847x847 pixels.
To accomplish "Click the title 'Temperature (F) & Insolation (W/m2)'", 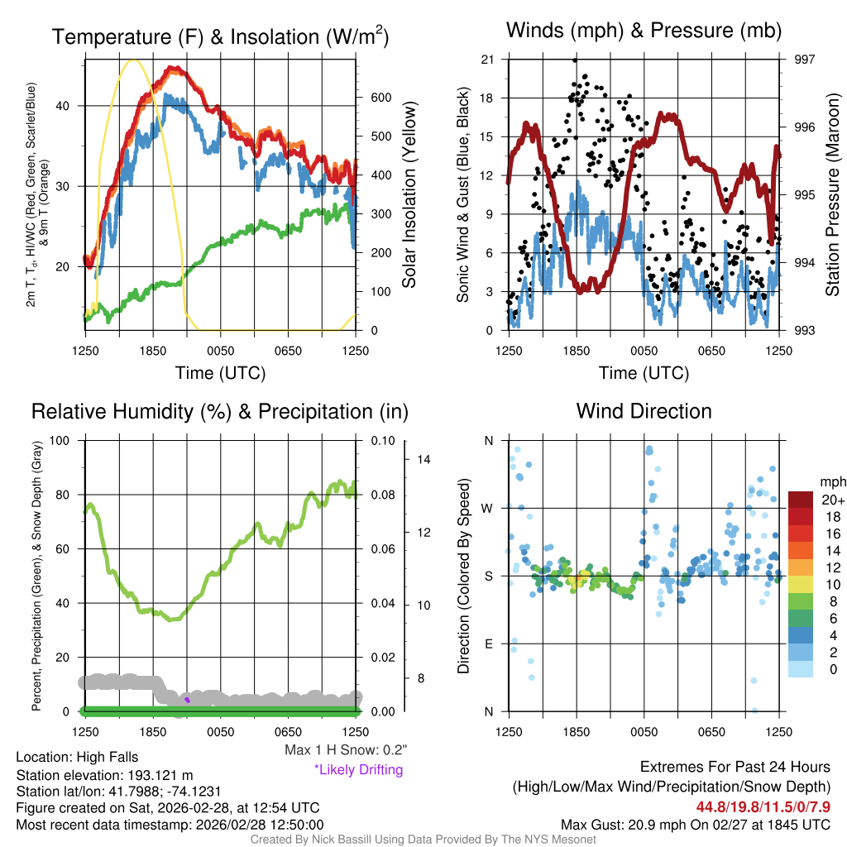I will pyautogui.click(x=220, y=37).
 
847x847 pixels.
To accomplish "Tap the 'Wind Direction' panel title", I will pyautogui.click(x=644, y=411).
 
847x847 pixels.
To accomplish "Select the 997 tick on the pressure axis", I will pyautogui.click(x=806, y=60).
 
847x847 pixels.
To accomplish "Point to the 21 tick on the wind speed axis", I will pyautogui.click(x=487, y=60).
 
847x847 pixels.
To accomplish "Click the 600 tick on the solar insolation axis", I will pyautogui.click(x=380, y=98).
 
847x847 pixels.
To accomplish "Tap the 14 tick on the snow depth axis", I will pyautogui.click(x=423, y=459).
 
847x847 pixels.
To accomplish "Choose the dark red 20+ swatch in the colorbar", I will pyautogui.click(x=801, y=500).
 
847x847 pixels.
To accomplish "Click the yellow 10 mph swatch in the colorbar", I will pyautogui.click(x=801, y=585).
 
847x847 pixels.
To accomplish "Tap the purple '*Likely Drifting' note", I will pyautogui.click(x=358, y=770).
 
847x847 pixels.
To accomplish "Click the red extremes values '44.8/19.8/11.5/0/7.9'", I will pyautogui.click(x=763, y=807).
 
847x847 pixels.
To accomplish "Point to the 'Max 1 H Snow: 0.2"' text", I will pyautogui.click(x=346, y=750).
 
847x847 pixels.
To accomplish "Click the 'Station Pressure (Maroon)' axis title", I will pyautogui.click(x=833, y=195).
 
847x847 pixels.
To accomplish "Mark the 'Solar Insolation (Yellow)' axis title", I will pyautogui.click(x=409, y=195).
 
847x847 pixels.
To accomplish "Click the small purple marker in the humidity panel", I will pyautogui.click(x=187, y=700).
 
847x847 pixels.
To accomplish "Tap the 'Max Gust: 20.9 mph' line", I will pyautogui.click(x=696, y=825).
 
